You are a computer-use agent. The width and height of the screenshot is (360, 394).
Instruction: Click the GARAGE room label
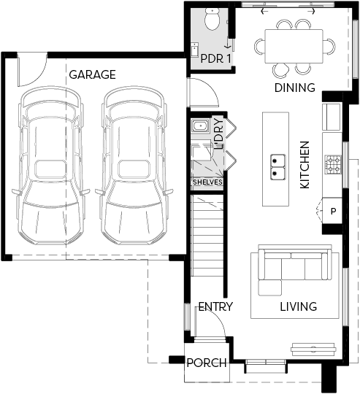[x=92, y=74]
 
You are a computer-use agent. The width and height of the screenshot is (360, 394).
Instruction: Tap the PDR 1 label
[x=215, y=58]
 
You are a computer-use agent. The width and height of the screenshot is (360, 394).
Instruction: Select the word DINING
[x=294, y=88]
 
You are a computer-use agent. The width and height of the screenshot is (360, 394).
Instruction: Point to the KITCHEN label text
[x=305, y=165]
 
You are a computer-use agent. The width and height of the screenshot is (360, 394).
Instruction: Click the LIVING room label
[x=299, y=306]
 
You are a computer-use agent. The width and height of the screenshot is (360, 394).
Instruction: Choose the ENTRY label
[x=215, y=306]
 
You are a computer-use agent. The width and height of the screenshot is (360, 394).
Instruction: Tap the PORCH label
[x=207, y=363]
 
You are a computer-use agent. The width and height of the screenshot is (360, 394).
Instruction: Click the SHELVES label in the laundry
[x=207, y=182]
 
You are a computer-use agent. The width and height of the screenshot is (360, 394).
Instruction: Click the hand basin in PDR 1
[x=194, y=50]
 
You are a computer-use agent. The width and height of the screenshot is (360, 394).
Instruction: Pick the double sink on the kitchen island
[x=278, y=167]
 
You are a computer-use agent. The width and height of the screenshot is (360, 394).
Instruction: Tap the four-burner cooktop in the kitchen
[x=334, y=165]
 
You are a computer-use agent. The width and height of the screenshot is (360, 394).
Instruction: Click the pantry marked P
[x=332, y=211]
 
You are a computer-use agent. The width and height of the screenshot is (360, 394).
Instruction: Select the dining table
[x=294, y=46]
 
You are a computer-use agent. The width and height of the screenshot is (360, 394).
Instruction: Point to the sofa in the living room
[x=294, y=270]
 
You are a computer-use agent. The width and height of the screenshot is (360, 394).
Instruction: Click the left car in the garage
[x=51, y=166]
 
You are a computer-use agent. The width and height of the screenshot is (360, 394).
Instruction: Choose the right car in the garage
[x=134, y=166]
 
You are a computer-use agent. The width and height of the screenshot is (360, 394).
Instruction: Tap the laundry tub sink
[x=200, y=125]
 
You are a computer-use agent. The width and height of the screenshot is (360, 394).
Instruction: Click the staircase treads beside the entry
[x=207, y=236]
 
